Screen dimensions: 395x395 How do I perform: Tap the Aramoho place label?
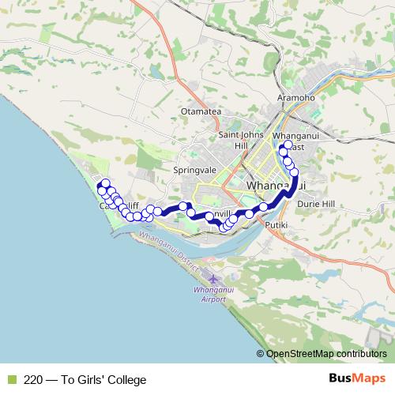click(297, 98)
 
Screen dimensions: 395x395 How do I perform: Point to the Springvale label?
click(189, 170)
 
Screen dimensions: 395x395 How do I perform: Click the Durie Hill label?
click(317, 204)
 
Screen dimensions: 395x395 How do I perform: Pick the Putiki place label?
click(274, 226)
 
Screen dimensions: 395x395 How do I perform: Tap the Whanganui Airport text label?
click(211, 295)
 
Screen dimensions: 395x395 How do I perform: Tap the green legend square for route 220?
click(9, 379)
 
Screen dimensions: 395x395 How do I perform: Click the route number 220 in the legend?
click(34, 379)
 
